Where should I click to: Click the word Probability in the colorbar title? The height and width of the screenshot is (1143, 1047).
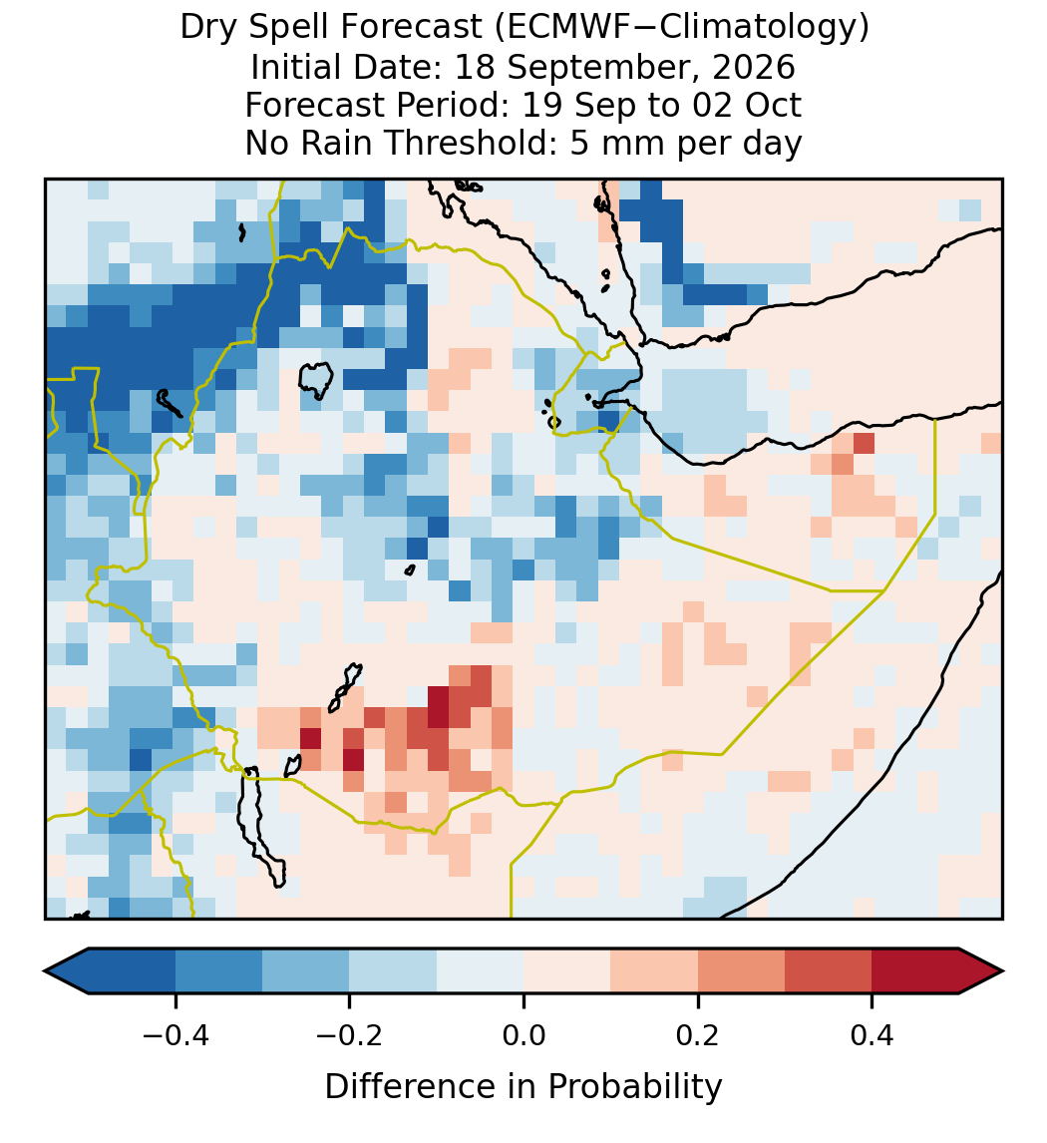(634, 1087)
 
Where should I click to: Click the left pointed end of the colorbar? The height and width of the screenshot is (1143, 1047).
(45, 971)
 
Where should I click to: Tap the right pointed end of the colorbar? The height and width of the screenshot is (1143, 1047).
(1003, 971)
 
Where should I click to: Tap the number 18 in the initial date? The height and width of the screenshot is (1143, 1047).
(475, 67)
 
